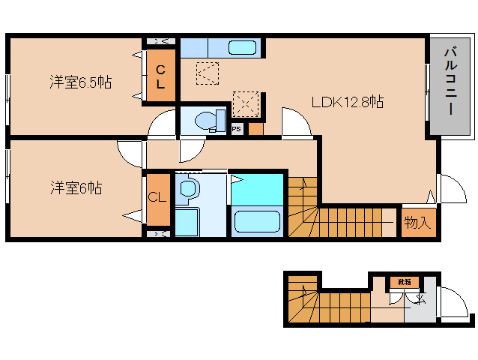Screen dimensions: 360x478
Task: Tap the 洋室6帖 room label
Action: click(x=76, y=188)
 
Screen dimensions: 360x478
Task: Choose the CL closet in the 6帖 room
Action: click(x=157, y=198)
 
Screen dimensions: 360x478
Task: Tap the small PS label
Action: click(x=236, y=129)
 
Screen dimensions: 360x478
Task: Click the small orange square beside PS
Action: click(x=255, y=129)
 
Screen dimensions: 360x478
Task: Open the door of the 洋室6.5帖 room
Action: click(x=161, y=124)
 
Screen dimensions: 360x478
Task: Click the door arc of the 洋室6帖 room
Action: click(x=132, y=154)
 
